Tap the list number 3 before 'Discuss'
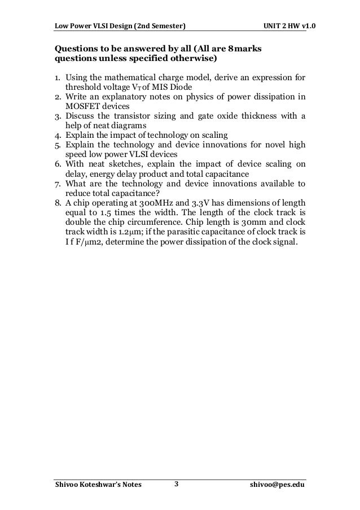[x=58, y=116]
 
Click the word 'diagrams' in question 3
[x=130, y=125]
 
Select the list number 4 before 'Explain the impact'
[x=58, y=135]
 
